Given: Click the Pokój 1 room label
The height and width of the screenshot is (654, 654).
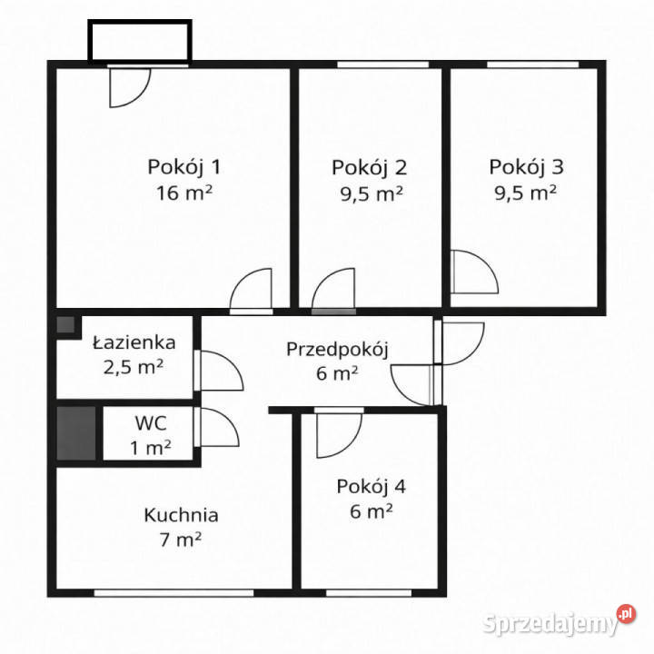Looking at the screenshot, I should (x=183, y=167).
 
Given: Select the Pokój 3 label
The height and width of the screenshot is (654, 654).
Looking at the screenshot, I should (x=526, y=167).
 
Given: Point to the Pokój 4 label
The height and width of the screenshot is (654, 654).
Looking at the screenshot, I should (x=371, y=486).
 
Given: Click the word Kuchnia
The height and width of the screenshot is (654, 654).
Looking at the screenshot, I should (x=181, y=515).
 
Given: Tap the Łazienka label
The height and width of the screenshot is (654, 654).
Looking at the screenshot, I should (x=134, y=343).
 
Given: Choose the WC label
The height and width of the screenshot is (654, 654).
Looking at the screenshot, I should (x=150, y=423).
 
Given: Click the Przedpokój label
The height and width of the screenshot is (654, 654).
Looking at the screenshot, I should (x=337, y=349).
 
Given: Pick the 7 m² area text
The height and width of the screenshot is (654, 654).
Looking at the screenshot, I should (x=181, y=540).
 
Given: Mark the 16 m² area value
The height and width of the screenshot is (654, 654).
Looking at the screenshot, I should (x=183, y=193).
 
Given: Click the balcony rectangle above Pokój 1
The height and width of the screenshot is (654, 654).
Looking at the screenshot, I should (x=139, y=41).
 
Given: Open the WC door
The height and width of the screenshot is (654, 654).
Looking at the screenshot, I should (x=217, y=429).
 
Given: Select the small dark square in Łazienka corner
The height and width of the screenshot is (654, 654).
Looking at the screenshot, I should (x=65, y=325).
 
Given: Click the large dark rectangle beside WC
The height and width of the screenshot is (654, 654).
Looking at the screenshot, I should (x=76, y=434).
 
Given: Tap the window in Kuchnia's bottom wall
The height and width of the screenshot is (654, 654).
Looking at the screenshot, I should (x=173, y=593).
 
